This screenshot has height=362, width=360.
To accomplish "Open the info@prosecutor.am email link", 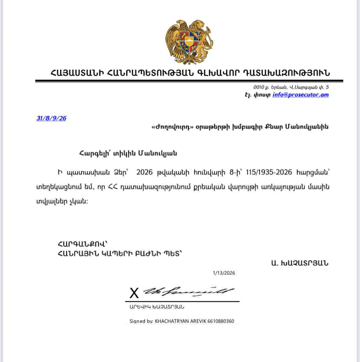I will [300, 95].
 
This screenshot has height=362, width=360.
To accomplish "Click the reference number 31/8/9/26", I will [51, 119].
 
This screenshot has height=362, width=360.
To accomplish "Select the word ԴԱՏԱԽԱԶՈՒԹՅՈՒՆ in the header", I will [286, 73].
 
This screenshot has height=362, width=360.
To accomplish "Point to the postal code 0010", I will [259, 87].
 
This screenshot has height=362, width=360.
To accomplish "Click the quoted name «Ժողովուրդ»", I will [173, 127].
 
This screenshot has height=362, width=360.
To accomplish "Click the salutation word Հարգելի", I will [93, 153].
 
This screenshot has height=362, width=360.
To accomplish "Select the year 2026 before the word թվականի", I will [144, 172].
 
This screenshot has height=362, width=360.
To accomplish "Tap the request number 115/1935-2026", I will [264, 172].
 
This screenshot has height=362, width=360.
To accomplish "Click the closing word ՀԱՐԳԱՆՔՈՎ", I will [82, 244].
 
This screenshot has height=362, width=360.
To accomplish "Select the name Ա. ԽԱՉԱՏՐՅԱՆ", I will [300, 263].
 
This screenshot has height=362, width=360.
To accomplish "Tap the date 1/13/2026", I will [224, 273].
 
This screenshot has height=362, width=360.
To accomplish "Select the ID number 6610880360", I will [221, 321].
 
